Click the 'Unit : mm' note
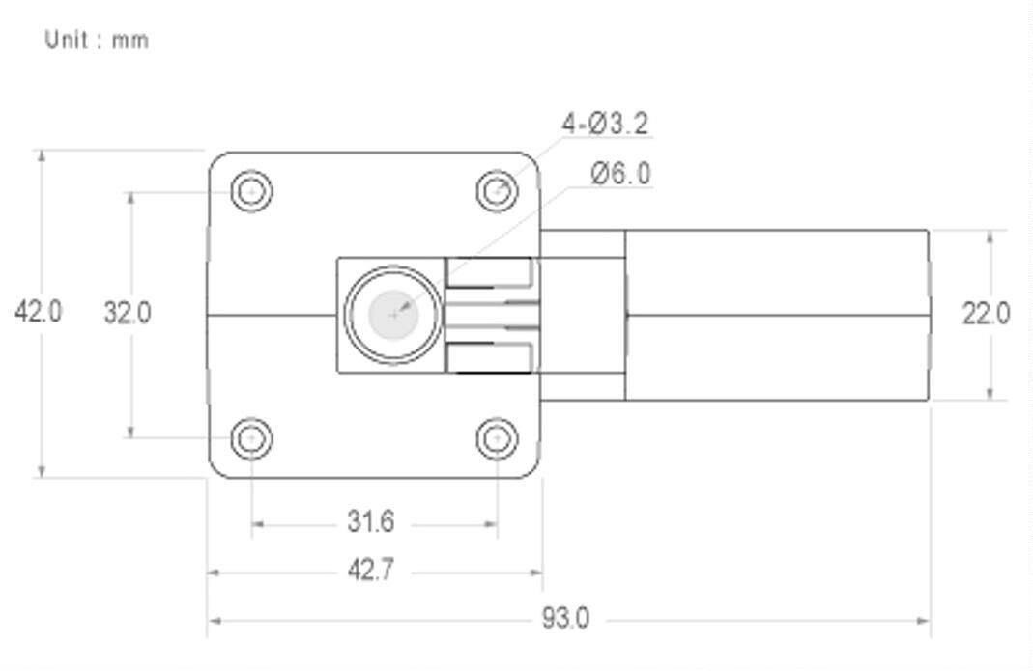(97, 40)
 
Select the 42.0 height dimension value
(39, 312)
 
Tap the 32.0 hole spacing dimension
(128, 312)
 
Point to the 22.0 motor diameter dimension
(986, 314)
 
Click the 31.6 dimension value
(371, 521)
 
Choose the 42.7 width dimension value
(371, 570)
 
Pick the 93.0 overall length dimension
(566, 618)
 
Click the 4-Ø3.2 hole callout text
(605, 124)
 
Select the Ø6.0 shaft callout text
(620, 174)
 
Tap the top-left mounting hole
(251, 191)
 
